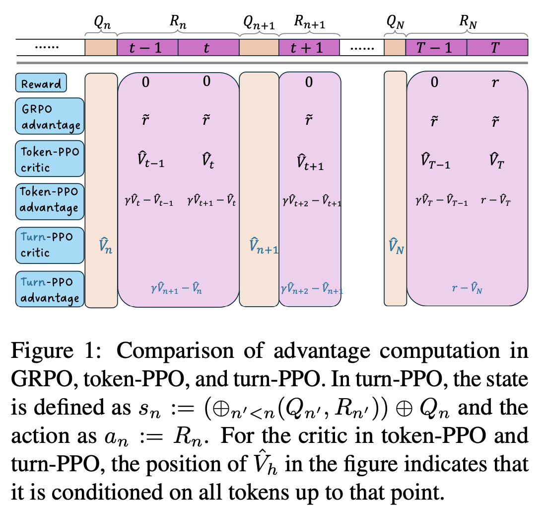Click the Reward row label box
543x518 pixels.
41,83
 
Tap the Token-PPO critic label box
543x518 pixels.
50,160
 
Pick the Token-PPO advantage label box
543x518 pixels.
50,200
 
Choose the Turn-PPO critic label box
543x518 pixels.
50,244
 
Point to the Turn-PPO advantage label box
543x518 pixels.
50,290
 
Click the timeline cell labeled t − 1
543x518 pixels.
147,48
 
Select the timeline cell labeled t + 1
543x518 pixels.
309,48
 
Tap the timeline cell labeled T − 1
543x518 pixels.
436,48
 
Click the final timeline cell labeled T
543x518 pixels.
497,48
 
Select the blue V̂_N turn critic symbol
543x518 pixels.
395,247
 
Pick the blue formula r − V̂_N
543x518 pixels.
467,288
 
